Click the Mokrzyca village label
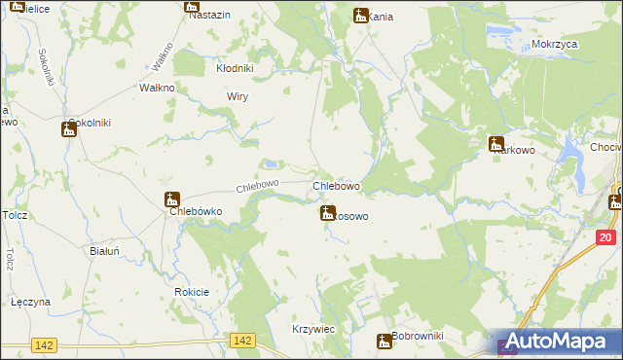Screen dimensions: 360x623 (555, 45)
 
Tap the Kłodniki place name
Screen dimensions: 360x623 (234, 68)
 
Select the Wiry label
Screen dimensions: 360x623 (238, 96)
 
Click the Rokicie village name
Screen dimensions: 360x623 (192, 292)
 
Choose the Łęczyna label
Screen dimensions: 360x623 (30, 302)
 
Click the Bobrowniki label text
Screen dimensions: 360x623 (419, 337)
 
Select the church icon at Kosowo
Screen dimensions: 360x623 (328, 212)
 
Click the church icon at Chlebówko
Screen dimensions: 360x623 (172, 199)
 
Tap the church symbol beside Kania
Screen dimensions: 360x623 (361, 15)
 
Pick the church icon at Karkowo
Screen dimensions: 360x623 (496, 143)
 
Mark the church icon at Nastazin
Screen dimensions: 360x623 (192, 6)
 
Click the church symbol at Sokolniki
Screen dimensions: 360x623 (68, 128)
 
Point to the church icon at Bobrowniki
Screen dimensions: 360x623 (385, 341)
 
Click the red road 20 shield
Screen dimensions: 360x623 (605, 237)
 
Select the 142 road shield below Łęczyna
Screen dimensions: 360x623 (43, 344)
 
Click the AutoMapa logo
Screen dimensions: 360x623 (559, 341)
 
